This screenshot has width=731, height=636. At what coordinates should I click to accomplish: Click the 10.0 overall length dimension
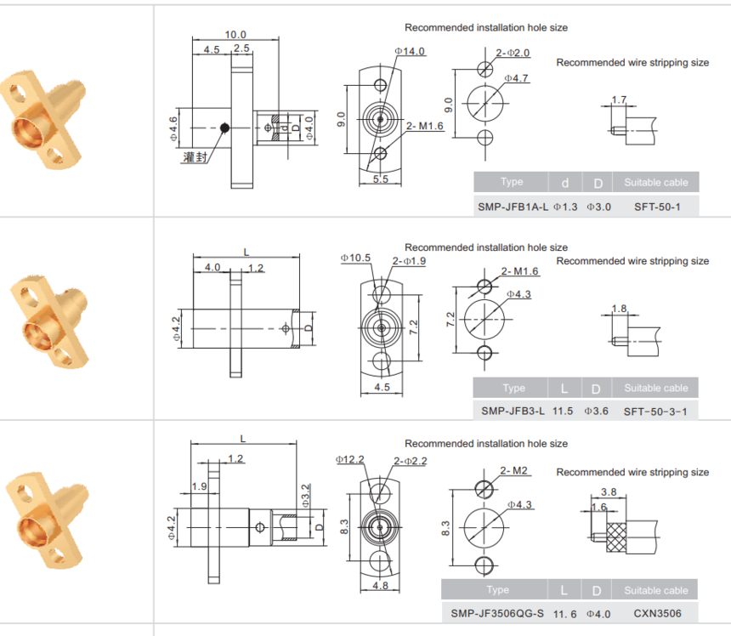pos(235,35)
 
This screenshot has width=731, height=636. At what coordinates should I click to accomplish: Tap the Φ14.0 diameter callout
pos(410,51)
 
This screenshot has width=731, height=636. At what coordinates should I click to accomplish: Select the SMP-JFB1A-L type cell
pos(513,207)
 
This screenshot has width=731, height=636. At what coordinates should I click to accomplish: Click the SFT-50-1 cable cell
pos(657,207)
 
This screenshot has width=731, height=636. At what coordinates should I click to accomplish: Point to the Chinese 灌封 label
pos(195,157)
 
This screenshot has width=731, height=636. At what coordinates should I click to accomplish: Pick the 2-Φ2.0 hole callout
pos(513,53)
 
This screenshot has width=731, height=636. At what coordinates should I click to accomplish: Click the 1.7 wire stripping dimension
pos(619,99)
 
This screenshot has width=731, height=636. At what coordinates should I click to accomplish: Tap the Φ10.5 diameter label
pos(355,258)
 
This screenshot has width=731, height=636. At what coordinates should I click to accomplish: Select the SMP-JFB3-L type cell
pos(513,412)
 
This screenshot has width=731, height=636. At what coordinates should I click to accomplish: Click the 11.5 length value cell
pos(563,412)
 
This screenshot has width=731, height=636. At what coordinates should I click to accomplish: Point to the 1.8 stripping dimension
pos(619,309)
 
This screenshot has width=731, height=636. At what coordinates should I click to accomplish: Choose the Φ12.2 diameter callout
pos(349,460)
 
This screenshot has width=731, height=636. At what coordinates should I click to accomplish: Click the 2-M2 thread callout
pos(513,471)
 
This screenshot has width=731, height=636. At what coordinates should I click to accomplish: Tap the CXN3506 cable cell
pos(657,614)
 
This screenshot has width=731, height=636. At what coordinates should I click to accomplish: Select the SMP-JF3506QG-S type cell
pos(497,614)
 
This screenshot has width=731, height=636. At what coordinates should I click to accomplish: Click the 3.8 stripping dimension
pos(609,492)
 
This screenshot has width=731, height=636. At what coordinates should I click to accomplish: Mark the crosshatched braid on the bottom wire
pos(616,537)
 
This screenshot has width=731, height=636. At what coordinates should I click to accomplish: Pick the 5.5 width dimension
pos(381,179)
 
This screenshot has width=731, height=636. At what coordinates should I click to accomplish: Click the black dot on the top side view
pos(224,128)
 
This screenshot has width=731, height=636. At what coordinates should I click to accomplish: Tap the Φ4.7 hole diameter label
pos(517,78)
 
